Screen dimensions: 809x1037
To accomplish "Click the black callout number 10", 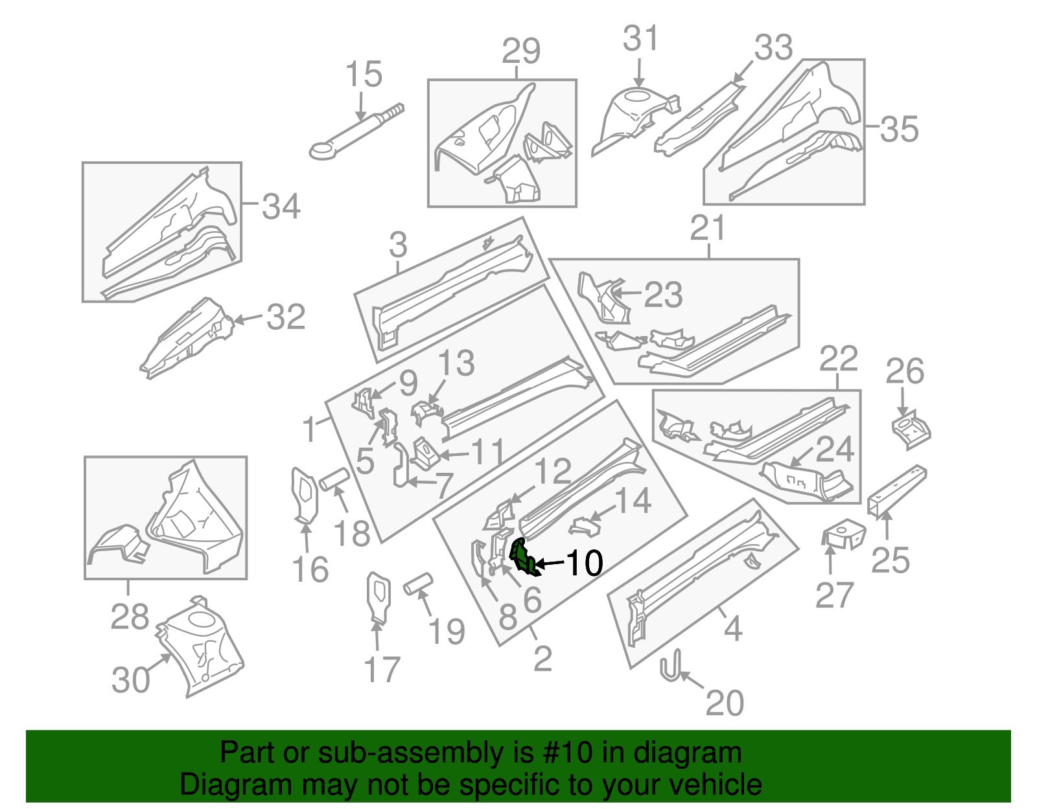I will [585, 563].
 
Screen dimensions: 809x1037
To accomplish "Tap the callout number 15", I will [364, 75].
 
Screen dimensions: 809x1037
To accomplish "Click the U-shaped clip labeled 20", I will [671, 667].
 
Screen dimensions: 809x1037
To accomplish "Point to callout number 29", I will [521, 52].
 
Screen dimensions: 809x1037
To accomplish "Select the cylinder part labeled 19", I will [419, 583].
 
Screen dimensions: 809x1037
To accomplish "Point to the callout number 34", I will [281, 207].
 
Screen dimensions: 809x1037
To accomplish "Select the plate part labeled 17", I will [379, 597].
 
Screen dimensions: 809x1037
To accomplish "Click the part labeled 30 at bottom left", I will [201, 648].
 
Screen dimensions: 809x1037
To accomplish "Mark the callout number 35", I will [899, 129].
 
